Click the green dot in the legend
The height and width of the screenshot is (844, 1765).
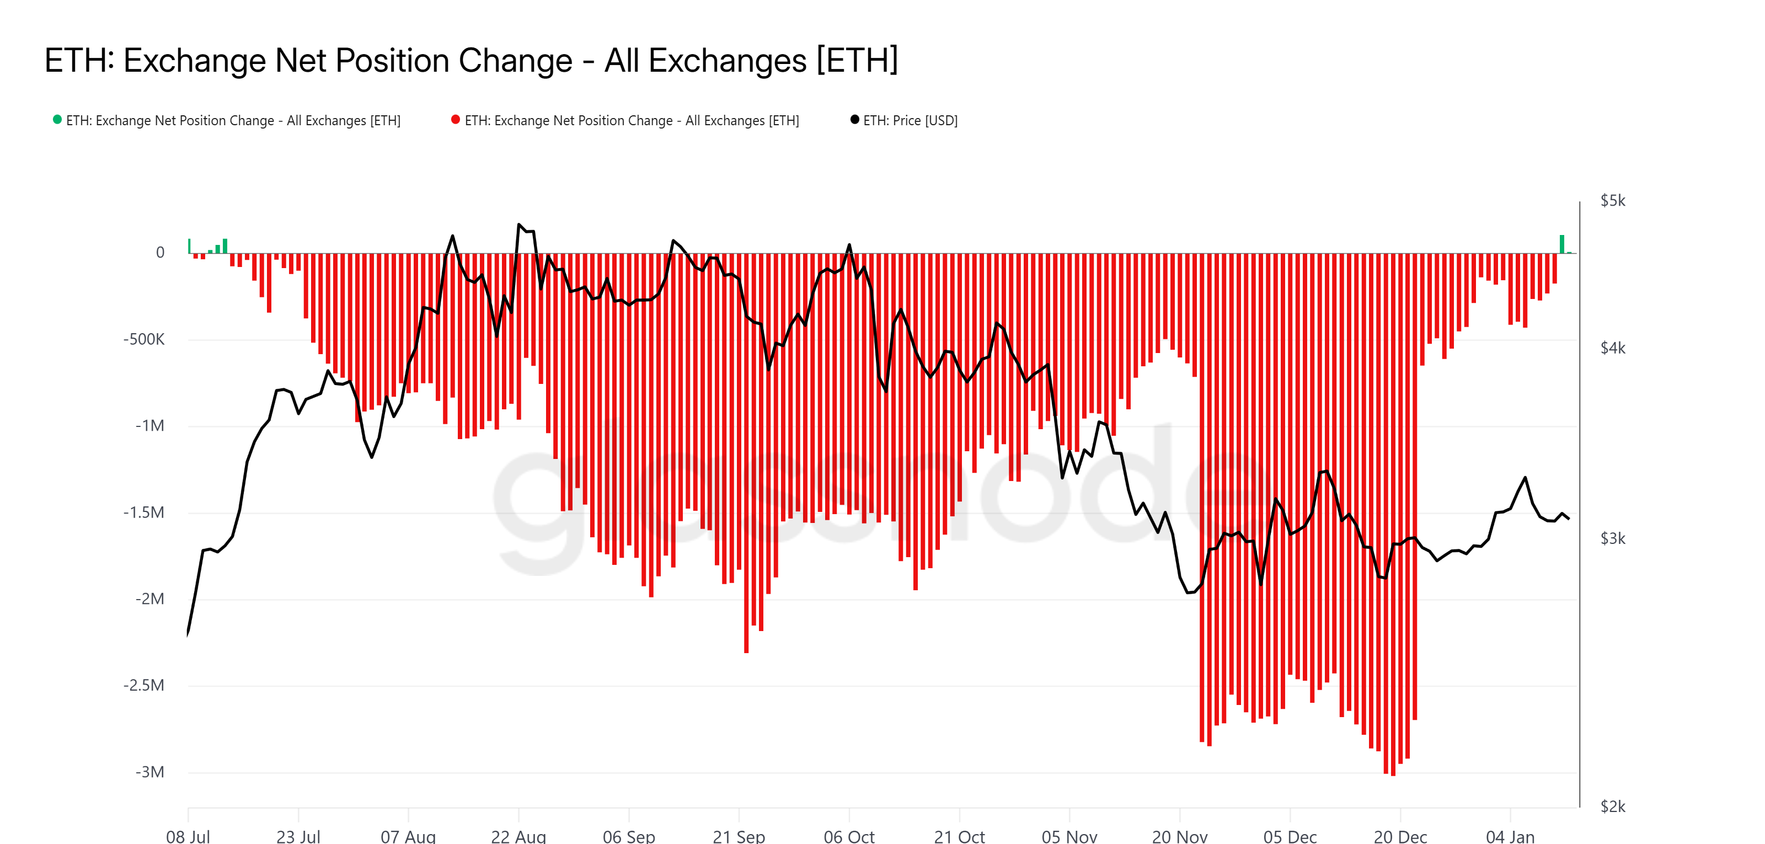click(x=57, y=120)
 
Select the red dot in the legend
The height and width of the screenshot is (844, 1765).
click(x=456, y=120)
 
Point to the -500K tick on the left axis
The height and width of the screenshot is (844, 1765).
click(x=144, y=339)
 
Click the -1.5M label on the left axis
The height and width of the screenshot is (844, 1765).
click(x=144, y=512)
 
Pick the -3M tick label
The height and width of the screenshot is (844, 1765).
click(x=149, y=772)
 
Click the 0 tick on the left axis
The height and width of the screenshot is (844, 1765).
click(x=161, y=252)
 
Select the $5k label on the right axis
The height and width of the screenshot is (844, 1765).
click(x=1612, y=201)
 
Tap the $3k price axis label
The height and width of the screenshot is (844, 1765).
click(x=1612, y=538)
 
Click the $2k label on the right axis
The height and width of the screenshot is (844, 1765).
click(x=1612, y=806)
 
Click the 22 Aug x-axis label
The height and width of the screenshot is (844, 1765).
click(x=518, y=836)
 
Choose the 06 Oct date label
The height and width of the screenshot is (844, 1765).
click(x=849, y=836)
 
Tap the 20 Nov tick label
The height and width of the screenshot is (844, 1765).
click(x=1179, y=836)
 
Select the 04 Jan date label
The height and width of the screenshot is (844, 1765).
click(x=1510, y=836)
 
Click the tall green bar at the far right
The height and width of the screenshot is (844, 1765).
click(x=1562, y=244)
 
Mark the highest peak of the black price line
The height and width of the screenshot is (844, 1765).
click(x=518, y=225)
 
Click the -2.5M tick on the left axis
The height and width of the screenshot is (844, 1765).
click(x=144, y=685)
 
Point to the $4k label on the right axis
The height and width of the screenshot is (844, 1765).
click(x=1612, y=348)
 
